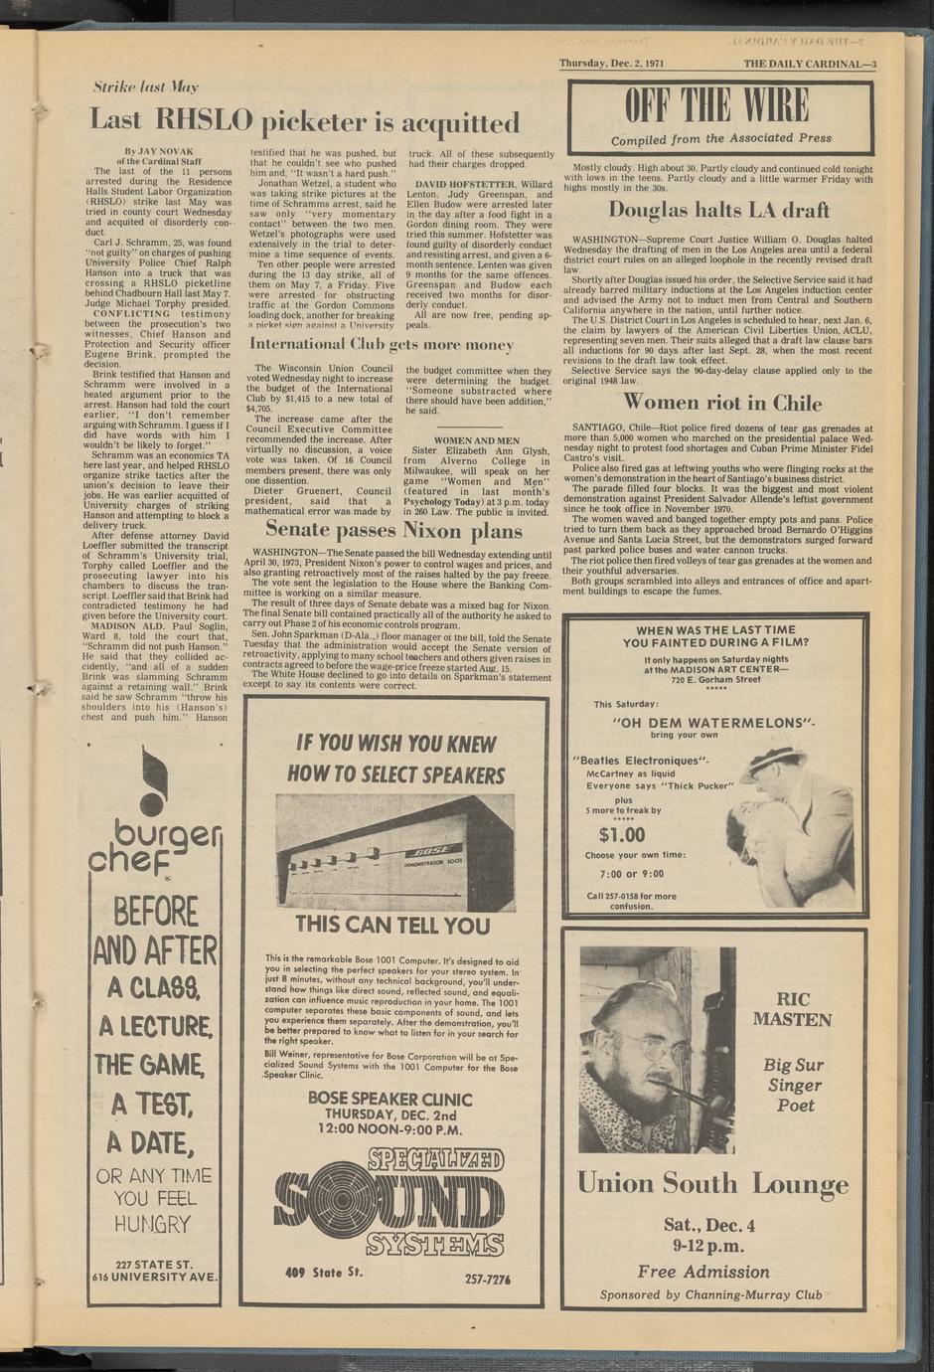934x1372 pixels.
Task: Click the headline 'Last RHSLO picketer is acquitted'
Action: tap(304, 122)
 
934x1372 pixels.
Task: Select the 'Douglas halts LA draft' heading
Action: tap(718, 210)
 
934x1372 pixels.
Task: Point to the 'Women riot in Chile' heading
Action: tap(722, 403)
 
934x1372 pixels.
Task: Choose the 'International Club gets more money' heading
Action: tap(382, 345)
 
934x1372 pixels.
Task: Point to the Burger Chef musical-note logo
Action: tap(151, 779)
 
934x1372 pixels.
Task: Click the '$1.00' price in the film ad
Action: tap(622, 834)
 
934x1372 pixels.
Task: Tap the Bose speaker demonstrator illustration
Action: tap(396, 853)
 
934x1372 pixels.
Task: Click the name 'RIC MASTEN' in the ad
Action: tap(792, 1009)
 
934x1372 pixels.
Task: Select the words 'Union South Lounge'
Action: tap(712, 1183)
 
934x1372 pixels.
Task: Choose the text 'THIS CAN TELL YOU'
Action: tap(391, 926)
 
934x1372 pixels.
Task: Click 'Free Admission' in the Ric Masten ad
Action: tap(703, 1272)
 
